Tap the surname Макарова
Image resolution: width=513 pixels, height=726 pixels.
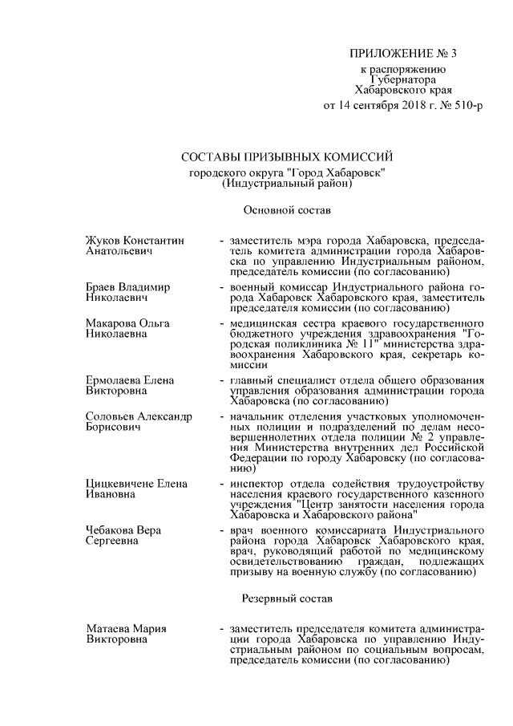pyautogui.click(x=111, y=322)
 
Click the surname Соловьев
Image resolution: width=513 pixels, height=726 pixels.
pyautogui.click(x=111, y=417)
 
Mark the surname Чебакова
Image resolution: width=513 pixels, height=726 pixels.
pyautogui.click(x=111, y=532)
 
